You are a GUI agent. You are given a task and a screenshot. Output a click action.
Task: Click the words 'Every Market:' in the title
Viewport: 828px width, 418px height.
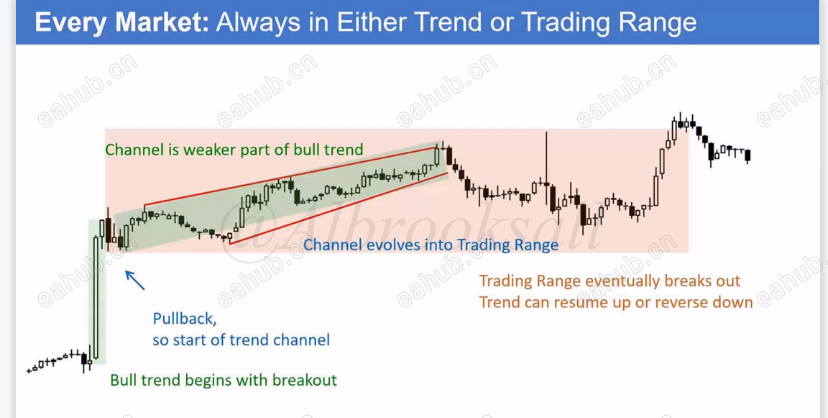pyautogui.click(x=122, y=23)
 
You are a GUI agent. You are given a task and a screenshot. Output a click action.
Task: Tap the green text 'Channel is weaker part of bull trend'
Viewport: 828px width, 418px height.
pyautogui.click(x=234, y=150)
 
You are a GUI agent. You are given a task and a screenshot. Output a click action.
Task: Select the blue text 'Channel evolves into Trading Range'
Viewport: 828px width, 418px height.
pyautogui.click(x=431, y=245)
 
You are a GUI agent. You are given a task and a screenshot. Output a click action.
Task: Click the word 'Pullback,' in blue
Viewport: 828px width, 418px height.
pyautogui.click(x=185, y=319)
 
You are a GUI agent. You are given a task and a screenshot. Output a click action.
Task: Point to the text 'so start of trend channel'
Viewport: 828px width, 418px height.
pyautogui.click(x=241, y=340)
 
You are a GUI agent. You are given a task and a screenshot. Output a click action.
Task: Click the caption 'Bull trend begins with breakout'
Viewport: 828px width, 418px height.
pyautogui.click(x=224, y=381)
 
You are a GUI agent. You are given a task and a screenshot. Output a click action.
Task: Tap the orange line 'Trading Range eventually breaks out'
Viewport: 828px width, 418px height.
pyautogui.click(x=610, y=281)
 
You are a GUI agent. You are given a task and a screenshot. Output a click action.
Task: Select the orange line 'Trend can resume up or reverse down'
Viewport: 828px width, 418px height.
pyautogui.click(x=616, y=302)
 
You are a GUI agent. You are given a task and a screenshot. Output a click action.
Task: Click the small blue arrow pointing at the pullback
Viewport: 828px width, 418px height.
pyautogui.click(x=134, y=280)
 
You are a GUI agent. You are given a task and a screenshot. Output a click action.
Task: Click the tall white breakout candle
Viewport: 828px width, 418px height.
pyautogui.click(x=96, y=299)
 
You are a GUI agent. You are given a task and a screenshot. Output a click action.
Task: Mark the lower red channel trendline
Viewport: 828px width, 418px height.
pyautogui.click(x=339, y=208)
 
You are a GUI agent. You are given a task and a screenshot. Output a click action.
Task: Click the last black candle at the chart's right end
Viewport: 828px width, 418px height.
pyautogui.click(x=747, y=155)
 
